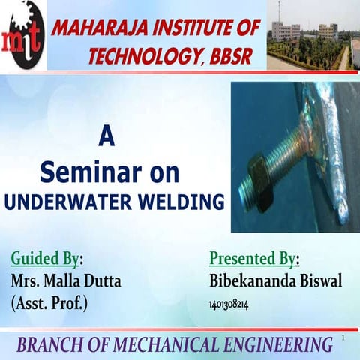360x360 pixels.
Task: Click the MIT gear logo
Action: click(22, 34)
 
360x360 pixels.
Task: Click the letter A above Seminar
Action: click(107, 139)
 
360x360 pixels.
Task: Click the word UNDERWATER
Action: click(77, 202)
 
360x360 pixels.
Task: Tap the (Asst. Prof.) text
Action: click(49, 304)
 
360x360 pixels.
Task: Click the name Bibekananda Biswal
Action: click(276, 281)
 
